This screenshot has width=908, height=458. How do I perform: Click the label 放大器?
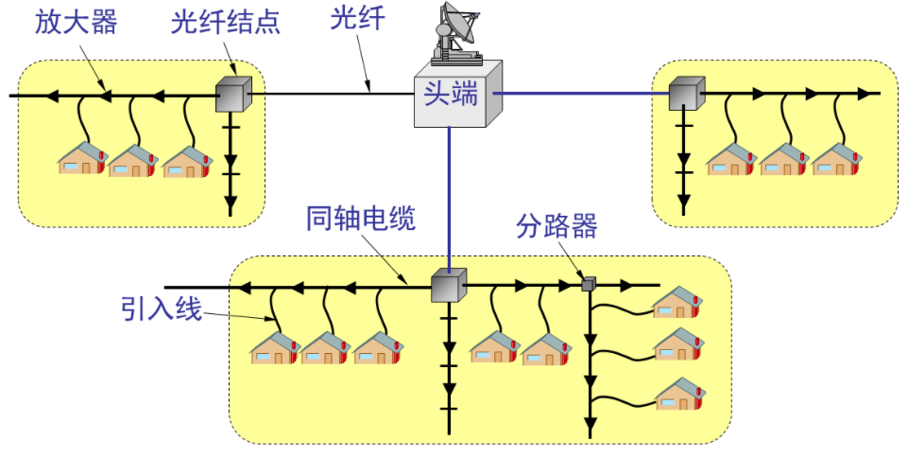(x=76, y=22)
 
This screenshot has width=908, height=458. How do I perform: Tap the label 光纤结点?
(x=226, y=22)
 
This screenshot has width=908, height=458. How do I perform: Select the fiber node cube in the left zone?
(x=231, y=94)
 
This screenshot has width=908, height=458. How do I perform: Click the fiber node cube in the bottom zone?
(x=448, y=285)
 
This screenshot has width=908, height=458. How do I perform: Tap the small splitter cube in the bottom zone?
(x=588, y=283)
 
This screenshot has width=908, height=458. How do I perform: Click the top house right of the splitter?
(x=678, y=303)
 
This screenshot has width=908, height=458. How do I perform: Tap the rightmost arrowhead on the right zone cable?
(x=865, y=94)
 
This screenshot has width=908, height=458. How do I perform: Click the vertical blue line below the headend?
(x=450, y=199)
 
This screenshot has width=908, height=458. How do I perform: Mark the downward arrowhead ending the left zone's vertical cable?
(x=230, y=205)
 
